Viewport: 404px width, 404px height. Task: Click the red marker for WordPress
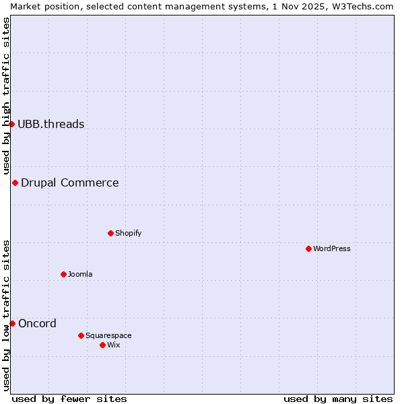point(308,248)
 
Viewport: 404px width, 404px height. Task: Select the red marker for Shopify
point(110,233)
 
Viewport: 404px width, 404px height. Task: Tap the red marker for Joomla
point(63,274)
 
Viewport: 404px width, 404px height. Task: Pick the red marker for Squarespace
point(81,335)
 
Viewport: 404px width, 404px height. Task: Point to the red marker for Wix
point(102,345)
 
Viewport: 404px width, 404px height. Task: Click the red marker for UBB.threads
point(11,124)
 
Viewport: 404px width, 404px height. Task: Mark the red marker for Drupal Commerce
point(15,182)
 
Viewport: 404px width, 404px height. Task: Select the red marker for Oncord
point(12,323)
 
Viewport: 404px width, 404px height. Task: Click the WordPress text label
point(332,248)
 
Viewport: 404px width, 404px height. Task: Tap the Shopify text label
point(129,233)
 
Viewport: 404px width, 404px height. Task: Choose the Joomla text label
point(80,274)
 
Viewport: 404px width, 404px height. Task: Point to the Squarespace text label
point(108,335)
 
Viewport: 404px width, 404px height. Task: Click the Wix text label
point(114,345)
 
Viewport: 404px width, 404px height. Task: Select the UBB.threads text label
point(51,124)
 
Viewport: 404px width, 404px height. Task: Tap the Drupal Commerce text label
point(70,182)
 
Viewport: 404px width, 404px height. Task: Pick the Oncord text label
point(38,323)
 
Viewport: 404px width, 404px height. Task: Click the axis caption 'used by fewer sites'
point(69,399)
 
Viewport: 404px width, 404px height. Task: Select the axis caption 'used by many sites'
point(338,399)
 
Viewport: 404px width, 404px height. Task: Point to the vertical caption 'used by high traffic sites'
point(7,96)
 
